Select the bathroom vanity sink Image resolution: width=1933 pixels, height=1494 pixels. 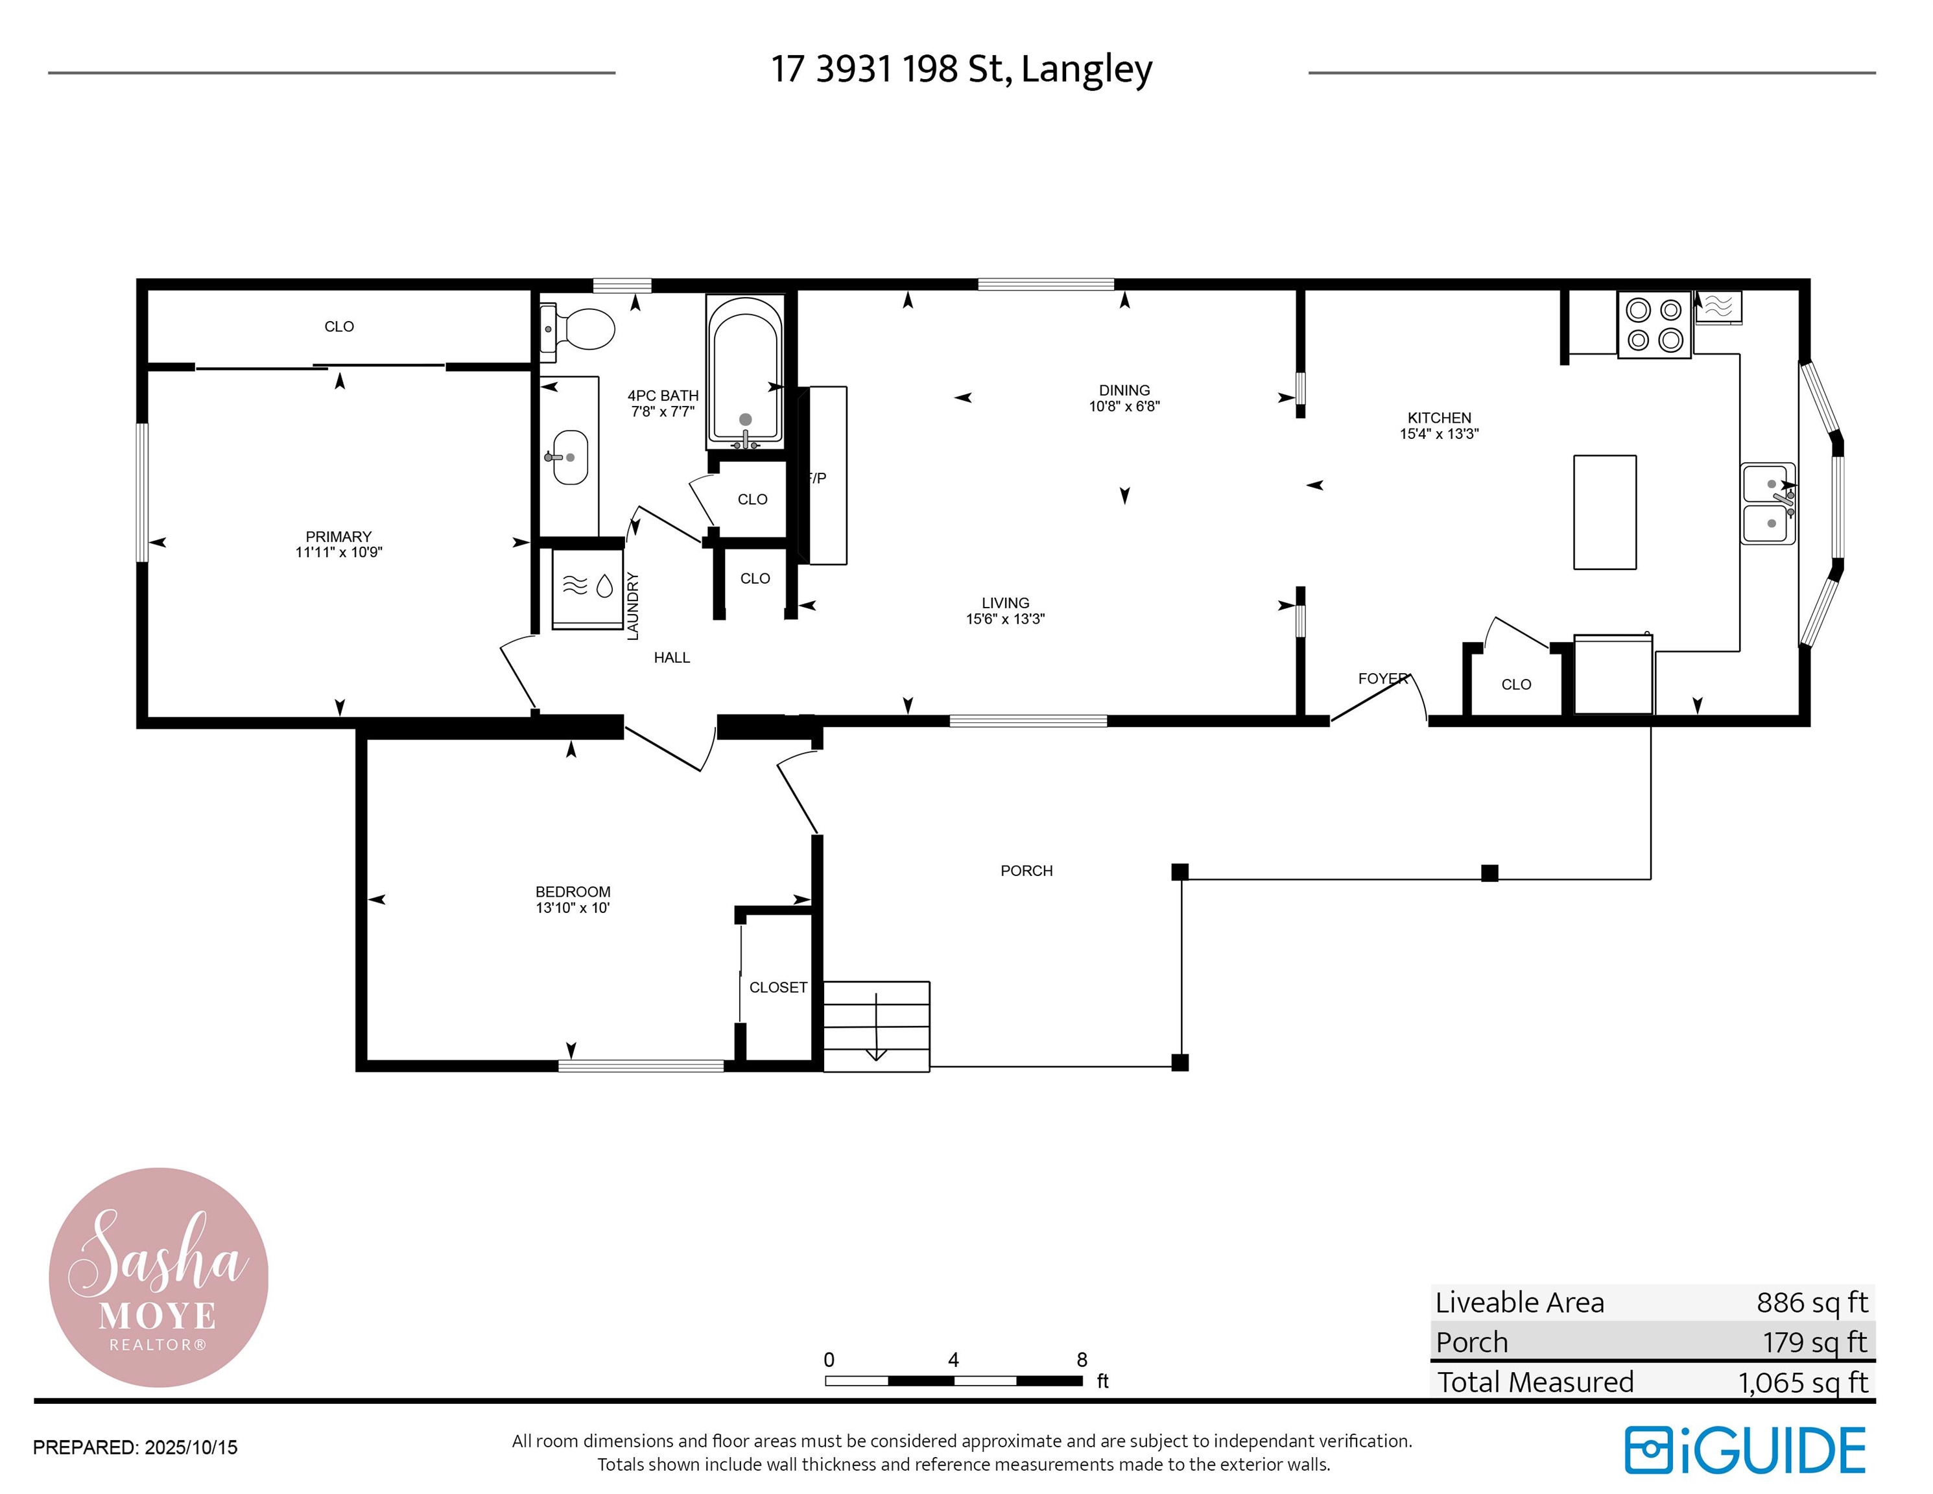(x=570, y=458)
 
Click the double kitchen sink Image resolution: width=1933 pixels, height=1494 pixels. (x=1768, y=504)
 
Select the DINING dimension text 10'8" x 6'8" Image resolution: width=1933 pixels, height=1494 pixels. (x=1124, y=407)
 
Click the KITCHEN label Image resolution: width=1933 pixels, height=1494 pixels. (x=1439, y=418)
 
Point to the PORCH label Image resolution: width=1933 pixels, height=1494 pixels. (x=1026, y=871)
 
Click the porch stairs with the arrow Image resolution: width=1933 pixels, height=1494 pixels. (x=876, y=1026)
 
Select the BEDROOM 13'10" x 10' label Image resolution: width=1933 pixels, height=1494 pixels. (x=573, y=899)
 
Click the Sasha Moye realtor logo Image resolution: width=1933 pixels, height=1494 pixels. (x=158, y=1277)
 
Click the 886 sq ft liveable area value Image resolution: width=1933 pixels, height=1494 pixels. (x=1812, y=1303)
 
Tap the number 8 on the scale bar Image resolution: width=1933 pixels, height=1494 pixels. (x=1082, y=1360)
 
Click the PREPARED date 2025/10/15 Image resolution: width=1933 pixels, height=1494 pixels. (x=191, y=1447)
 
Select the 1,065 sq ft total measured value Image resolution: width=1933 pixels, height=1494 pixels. (x=1803, y=1382)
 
